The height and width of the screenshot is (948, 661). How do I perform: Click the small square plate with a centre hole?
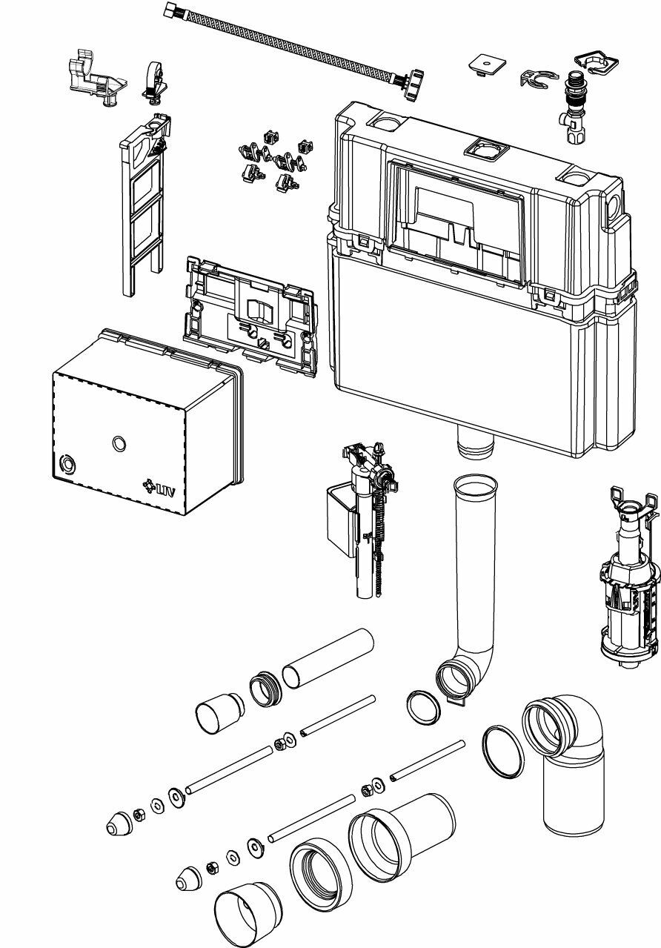click(486, 65)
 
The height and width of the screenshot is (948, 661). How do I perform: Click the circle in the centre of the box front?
click(118, 443)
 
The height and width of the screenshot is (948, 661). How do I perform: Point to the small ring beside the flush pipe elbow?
click(423, 709)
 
